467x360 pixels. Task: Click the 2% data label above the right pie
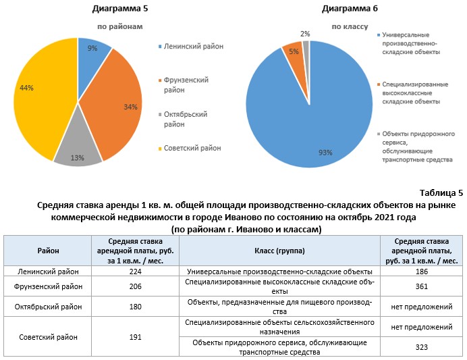(305, 33)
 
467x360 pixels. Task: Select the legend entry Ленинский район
(192, 47)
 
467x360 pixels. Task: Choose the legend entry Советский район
(192, 148)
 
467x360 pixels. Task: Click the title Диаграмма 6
(350, 9)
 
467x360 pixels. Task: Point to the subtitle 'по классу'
(350, 27)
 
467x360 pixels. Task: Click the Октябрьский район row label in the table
(48, 307)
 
